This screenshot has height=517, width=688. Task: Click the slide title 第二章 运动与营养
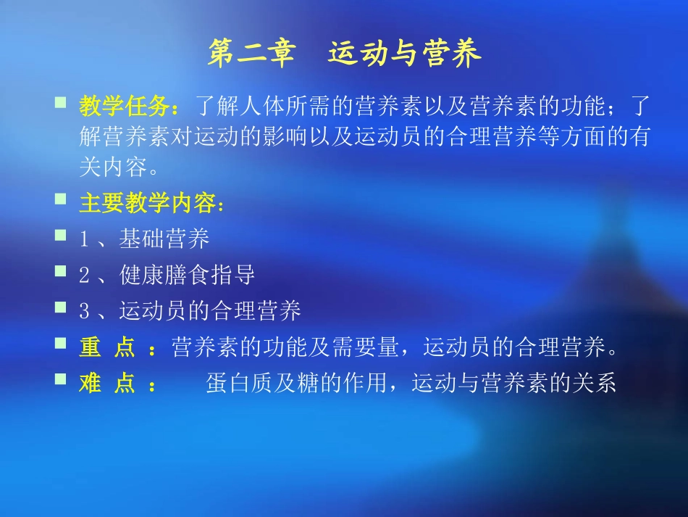344,54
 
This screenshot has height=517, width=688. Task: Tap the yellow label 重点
107,349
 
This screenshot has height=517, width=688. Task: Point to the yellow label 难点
107,384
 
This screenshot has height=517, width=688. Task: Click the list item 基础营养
164,239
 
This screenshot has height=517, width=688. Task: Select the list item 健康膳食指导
187,276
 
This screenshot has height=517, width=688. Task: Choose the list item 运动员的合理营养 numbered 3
210,312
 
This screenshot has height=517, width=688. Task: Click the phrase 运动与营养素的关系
513,384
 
